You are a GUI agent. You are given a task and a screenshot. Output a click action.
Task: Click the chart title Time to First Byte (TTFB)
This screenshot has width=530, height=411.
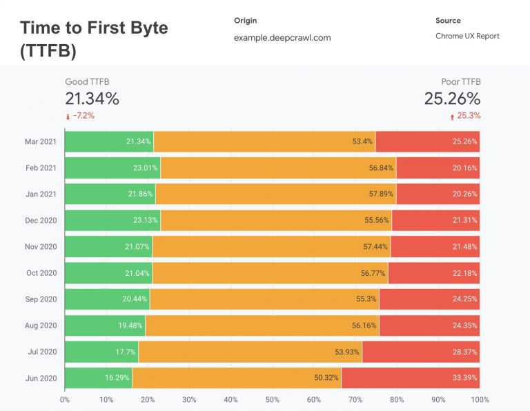click(93, 39)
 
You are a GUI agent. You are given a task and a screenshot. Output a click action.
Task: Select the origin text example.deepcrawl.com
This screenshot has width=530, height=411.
click(282, 37)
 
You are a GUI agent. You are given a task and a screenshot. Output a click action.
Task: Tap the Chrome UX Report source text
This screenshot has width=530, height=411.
click(467, 36)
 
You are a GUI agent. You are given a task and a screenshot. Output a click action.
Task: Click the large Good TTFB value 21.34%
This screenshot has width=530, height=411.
click(92, 99)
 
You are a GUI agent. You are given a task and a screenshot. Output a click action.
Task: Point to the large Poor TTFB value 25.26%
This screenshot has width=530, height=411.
click(452, 99)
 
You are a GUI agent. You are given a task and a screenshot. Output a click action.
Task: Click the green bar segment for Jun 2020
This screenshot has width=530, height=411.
click(98, 378)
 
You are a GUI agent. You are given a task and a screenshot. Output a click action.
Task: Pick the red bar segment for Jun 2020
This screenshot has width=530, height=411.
click(410, 378)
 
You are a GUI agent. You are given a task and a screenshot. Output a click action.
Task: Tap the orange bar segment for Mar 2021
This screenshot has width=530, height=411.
click(264, 141)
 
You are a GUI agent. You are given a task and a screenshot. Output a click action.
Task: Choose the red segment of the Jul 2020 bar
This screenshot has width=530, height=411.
click(421, 352)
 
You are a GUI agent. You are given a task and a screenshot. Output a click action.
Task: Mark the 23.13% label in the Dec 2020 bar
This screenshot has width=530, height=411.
click(143, 220)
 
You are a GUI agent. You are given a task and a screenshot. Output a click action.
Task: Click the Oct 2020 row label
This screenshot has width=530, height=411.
click(41, 273)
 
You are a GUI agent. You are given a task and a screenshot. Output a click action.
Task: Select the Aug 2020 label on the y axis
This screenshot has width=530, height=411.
click(41, 325)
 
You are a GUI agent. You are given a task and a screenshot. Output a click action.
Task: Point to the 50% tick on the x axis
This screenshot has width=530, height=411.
click(273, 399)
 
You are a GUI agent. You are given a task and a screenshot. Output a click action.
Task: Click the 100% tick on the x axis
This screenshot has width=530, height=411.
click(479, 399)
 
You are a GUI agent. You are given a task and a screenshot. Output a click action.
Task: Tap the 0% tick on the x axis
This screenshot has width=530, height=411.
click(65, 399)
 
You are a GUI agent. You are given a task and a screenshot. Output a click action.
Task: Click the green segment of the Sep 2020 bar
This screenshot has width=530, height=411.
click(107, 299)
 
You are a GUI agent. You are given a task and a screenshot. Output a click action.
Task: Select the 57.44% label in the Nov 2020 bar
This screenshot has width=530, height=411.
click(375, 246)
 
